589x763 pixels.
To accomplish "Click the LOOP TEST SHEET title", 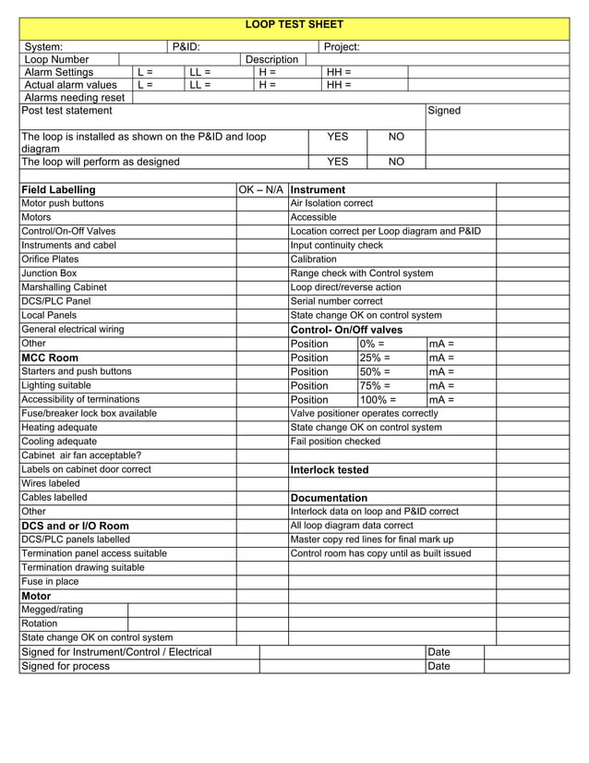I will tap(294, 25).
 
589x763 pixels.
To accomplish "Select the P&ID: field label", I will tap(186, 46).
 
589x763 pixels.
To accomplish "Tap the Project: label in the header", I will tap(342, 46).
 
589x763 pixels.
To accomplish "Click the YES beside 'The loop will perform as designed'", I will tap(338, 161).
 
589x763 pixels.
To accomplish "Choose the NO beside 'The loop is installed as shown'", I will tap(396, 137).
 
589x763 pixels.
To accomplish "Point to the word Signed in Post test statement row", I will tap(444, 111).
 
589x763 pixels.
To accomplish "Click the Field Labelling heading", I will tap(58, 189).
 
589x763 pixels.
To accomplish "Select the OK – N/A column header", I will tap(262, 189).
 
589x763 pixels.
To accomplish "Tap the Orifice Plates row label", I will tap(50, 260).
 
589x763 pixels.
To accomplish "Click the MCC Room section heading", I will tap(50, 357).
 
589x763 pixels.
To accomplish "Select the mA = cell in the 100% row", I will tap(441, 400).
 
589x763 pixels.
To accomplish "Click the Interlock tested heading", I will tap(330, 470).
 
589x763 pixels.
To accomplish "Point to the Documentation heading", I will tap(329, 498).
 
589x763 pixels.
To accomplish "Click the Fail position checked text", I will tap(335, 442).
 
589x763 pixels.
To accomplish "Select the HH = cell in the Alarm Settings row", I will tap(339, 71).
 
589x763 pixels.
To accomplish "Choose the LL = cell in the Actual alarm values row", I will tap(200, 84).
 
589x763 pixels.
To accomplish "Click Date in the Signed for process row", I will tap(439, 666).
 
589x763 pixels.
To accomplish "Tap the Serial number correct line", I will tap(336, 301).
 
